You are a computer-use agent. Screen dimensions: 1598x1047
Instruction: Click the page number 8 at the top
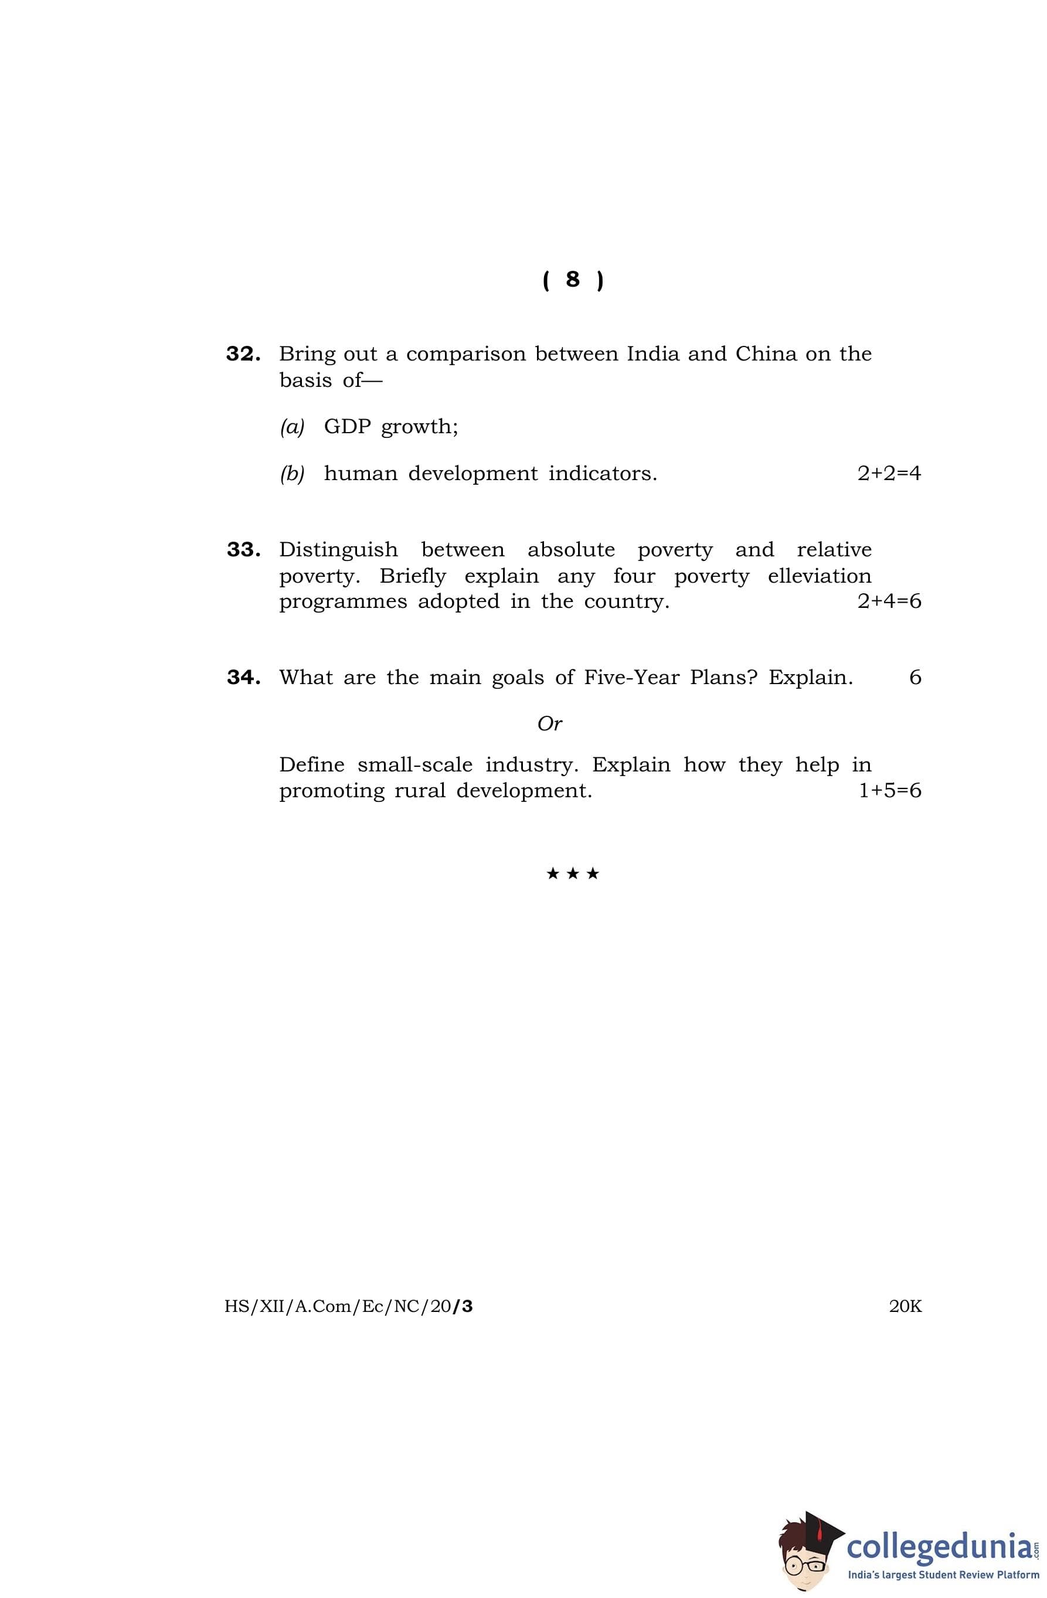coord(572,279)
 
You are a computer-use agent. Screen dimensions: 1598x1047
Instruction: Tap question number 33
coord(243,550)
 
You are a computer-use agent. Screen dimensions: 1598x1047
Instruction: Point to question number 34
coord(243,678)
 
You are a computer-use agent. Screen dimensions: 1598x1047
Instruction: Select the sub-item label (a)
coord(292,427)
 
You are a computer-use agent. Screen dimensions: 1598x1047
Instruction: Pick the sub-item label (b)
coord(292,474)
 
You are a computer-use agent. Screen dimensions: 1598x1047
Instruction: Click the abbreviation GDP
coord(347,427)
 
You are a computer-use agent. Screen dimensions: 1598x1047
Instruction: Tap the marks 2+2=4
coord(889,474)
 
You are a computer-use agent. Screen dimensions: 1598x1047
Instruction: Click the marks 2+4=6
coord(889,601)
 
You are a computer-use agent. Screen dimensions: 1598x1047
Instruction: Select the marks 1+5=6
coord(889,791)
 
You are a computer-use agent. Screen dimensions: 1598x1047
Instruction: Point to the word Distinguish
coord(338,550)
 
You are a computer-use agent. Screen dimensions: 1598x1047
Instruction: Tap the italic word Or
coord(549,724)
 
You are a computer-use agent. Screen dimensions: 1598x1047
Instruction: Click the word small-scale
coord(414,766)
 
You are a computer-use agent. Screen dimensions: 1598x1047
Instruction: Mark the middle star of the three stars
coord(572,873)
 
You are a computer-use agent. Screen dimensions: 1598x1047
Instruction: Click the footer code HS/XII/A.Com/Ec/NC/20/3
coord(349,1307)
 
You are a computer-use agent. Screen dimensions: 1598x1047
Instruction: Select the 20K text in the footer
coord(905,1307)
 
